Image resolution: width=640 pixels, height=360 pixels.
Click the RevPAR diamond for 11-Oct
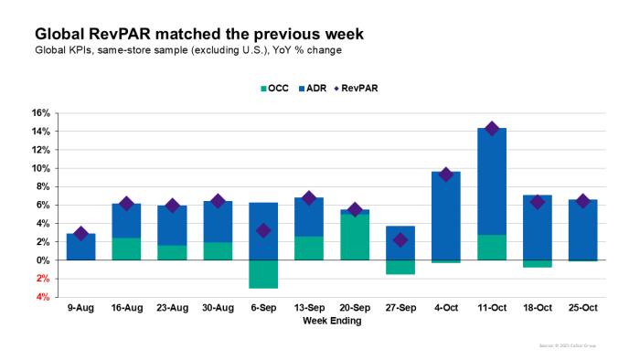[x=492, y=129]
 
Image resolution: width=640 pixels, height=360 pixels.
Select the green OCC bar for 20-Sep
[x=356, y=238]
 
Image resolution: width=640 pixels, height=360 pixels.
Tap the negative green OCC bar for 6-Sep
[x=263, y=274]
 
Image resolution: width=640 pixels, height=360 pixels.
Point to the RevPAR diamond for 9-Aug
[x=81, y=234]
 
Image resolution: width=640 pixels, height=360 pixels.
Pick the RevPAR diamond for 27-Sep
[x=400, y=240]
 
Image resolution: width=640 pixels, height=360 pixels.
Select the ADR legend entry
[x=313, y=89]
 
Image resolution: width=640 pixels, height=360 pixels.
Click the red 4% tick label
[x=43, y=297]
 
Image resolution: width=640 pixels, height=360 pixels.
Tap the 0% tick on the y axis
[x=43, y=260]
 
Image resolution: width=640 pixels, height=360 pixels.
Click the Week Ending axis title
[x=332, y=322]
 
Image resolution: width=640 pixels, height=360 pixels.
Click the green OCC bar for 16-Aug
[x=127, y=249]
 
